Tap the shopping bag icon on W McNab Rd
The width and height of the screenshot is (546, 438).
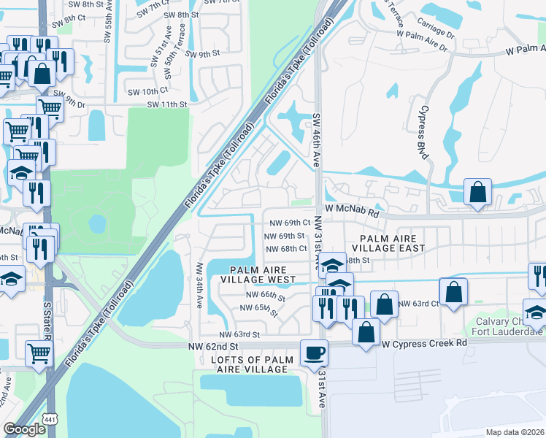(477, 193)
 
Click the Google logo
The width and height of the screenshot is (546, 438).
(24, 429)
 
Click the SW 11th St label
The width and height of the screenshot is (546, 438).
(167, 104)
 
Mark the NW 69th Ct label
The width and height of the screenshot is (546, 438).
(291, 223)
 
